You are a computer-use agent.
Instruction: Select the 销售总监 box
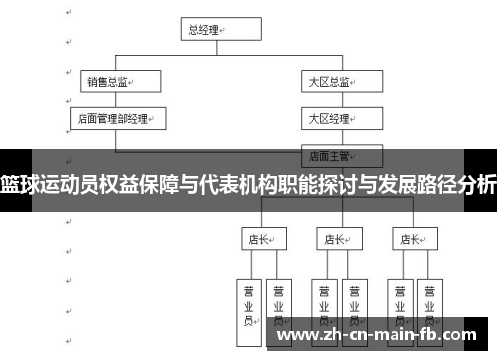pos(117,83)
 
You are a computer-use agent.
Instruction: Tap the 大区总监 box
pos(342,83)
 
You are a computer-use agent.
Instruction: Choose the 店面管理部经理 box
pos(117,119)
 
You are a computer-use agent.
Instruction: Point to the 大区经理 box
pos(342,119)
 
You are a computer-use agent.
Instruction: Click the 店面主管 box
pos(342,155)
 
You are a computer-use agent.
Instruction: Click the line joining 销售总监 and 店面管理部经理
pos(116,100)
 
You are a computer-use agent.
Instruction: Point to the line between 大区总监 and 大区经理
pos(342,100)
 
